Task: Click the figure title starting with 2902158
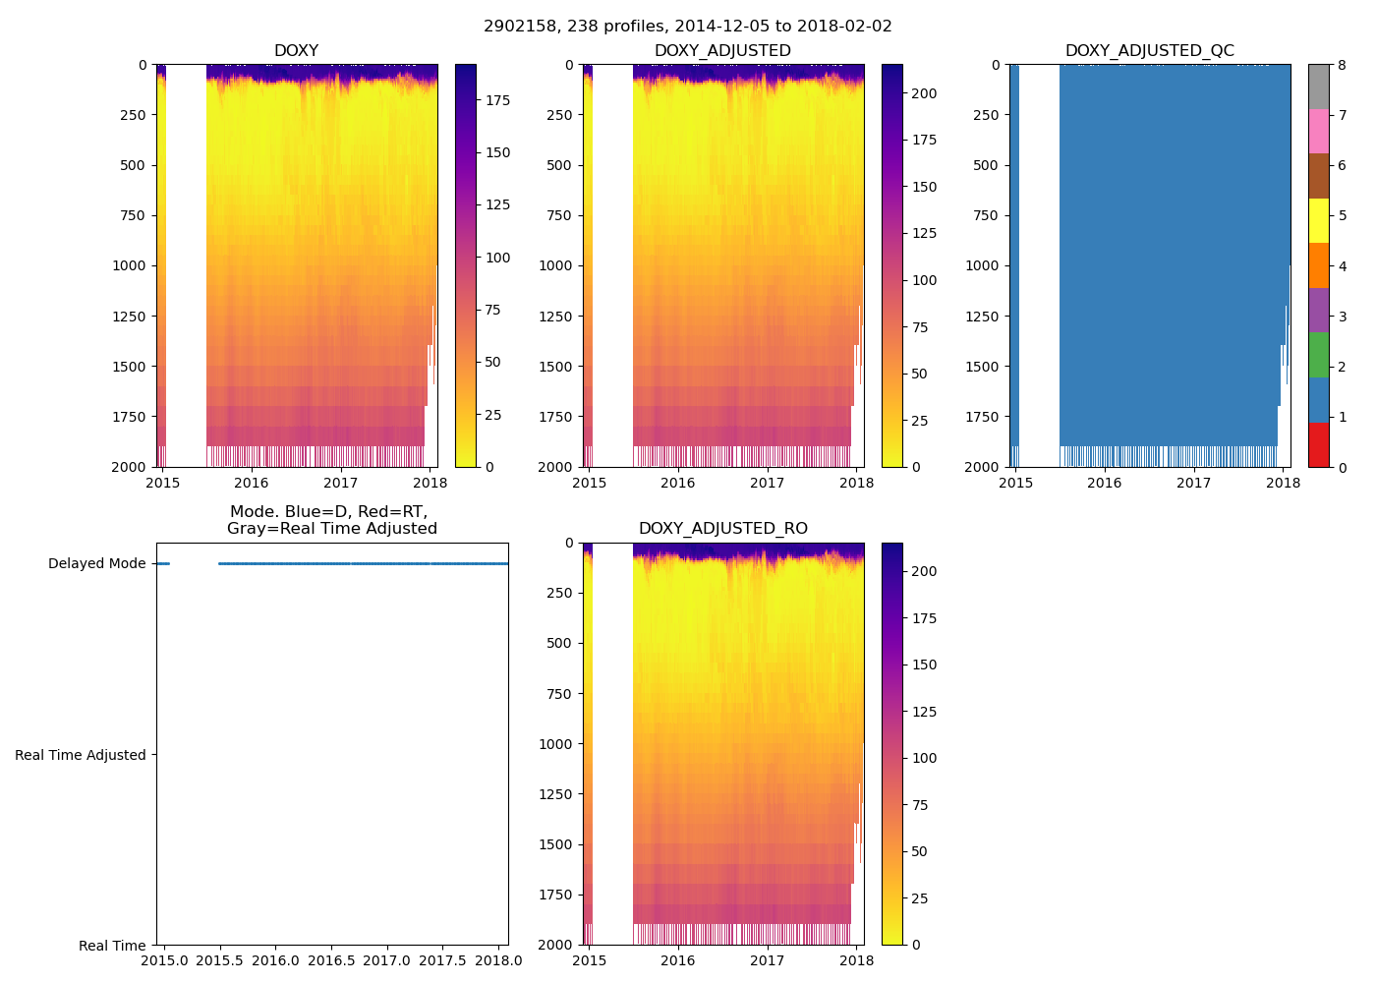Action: (687, 27)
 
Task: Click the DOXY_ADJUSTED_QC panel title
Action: (1149, 51)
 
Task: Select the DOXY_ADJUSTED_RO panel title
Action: (722, 529)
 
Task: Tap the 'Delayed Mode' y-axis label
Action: (96, 564)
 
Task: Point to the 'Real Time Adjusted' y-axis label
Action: (81, 755)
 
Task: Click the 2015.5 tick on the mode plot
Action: (219, 960)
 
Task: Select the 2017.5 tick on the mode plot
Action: (443, 960)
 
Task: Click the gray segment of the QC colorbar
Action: (1318, 87)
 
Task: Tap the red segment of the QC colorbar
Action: (1318, 444)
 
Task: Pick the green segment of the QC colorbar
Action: (1318, 355)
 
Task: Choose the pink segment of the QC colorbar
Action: (1318, 132)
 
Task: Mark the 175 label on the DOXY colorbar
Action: (498, 100)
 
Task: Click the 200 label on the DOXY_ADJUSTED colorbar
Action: (925, 93)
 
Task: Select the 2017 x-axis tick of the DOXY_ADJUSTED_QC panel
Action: (1193, 483)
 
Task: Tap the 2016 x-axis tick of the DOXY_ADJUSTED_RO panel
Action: (677, 960)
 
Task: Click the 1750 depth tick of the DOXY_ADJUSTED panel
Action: (555, 417)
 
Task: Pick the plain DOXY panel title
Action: (296, 51)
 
